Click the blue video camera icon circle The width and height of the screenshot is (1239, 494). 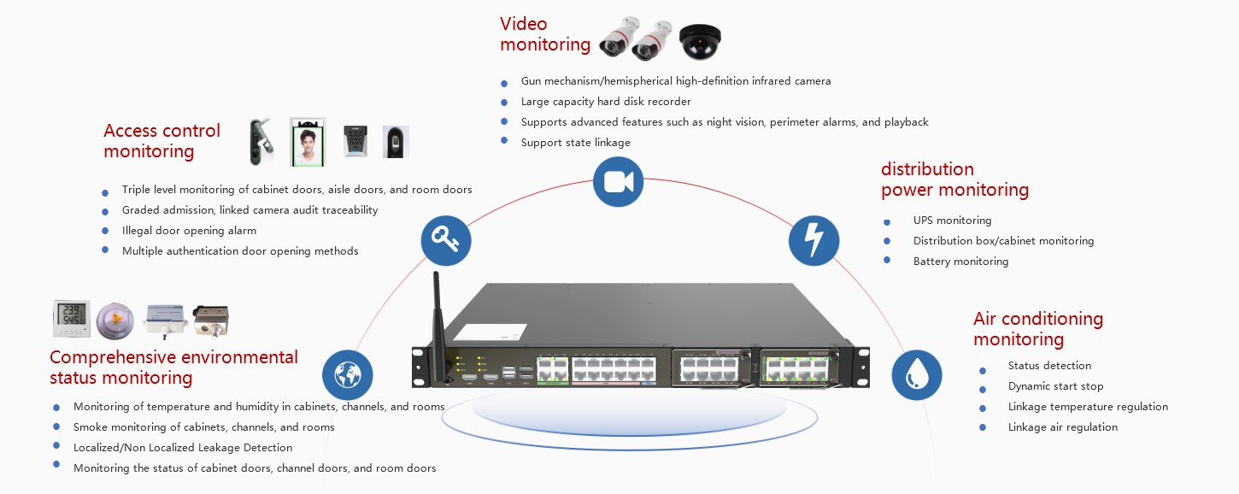click(x=618, y=181)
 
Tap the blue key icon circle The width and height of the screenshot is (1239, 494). click(x=446, y=240)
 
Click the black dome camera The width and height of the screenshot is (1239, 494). click(x=700, y=40)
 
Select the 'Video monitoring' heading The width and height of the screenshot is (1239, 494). click(x=545, y=34)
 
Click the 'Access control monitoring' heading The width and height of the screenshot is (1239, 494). click(x=161, y=141)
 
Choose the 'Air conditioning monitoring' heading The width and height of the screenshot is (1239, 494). click(x=1038, y=329)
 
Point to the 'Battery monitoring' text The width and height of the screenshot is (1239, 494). click(x=960, y=262)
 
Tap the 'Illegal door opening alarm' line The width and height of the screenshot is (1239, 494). click(x=189, y=231)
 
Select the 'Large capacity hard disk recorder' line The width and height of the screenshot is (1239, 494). click(x=606, y=102)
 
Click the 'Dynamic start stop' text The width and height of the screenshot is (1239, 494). click(x=1055, y=386)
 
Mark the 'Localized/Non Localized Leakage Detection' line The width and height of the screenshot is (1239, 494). click(x=183, y=448)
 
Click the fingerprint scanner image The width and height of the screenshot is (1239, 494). click(x=396, y=141)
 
